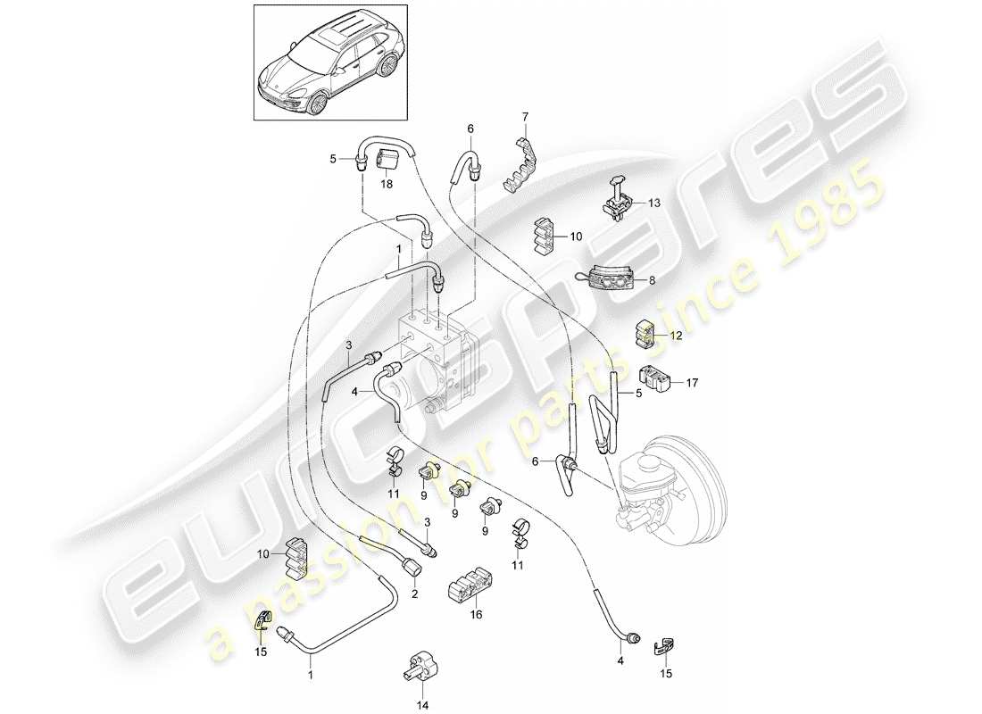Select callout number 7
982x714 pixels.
(525, 116)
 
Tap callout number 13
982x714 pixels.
(654, 203)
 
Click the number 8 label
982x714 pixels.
(652, 280)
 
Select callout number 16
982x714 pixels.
(476, 615)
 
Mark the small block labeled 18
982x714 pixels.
(363, 162)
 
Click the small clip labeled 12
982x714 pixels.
(646, 334)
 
